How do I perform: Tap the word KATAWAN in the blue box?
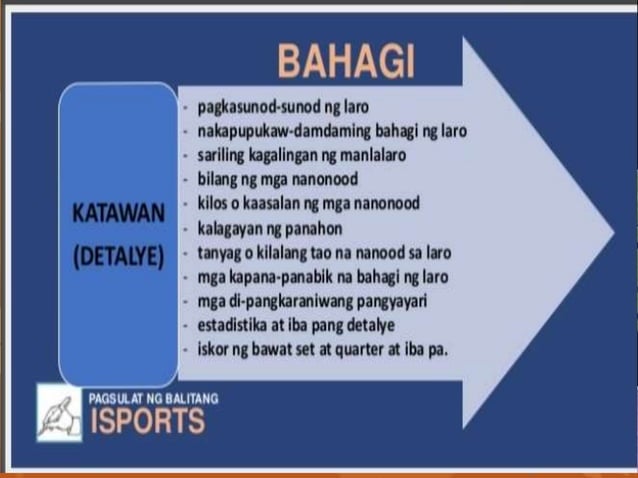tap(118, 215)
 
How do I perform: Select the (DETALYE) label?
tap(118, 253)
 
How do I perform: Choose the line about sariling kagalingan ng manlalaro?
tap(300, 155)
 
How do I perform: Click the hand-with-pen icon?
tap(59, 413)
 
